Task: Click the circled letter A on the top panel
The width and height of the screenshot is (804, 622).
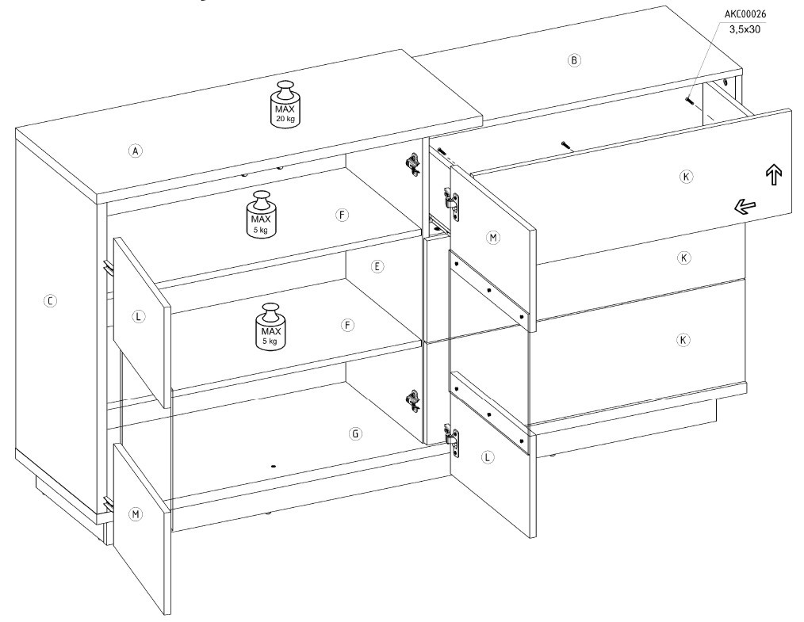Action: (135, 151)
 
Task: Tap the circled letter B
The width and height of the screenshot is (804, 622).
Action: (574, 60)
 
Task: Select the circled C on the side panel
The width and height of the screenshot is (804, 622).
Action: (50, 301)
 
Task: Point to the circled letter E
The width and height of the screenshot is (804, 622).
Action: (377, 266)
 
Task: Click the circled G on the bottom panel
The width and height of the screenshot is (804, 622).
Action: (355, 434)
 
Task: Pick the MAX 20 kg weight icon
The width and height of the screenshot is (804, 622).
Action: (285, 103)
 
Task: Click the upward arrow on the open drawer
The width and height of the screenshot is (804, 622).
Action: (774, 174)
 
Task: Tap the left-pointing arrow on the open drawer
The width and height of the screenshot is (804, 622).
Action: (745, 207)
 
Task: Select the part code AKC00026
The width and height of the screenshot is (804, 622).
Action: (745, 14)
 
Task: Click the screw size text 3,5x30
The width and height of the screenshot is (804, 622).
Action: (745, 29)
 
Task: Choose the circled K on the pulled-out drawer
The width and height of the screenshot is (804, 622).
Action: (686, 177)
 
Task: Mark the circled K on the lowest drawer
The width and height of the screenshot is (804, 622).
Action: (683, 340)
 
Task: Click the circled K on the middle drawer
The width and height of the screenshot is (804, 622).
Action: (684, 258)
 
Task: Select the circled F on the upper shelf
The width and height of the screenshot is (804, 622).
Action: (342, 216)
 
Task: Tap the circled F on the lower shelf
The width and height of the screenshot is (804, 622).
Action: (347, 326)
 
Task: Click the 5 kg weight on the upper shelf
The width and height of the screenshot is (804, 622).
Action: (262, 214)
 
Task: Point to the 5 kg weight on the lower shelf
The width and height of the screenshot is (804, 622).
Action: (271, 327)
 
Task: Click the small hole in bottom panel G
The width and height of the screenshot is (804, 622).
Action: (273, 466)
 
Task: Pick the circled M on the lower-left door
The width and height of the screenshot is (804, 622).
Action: (136, 514)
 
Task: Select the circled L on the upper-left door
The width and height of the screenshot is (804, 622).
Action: (139, 317)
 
